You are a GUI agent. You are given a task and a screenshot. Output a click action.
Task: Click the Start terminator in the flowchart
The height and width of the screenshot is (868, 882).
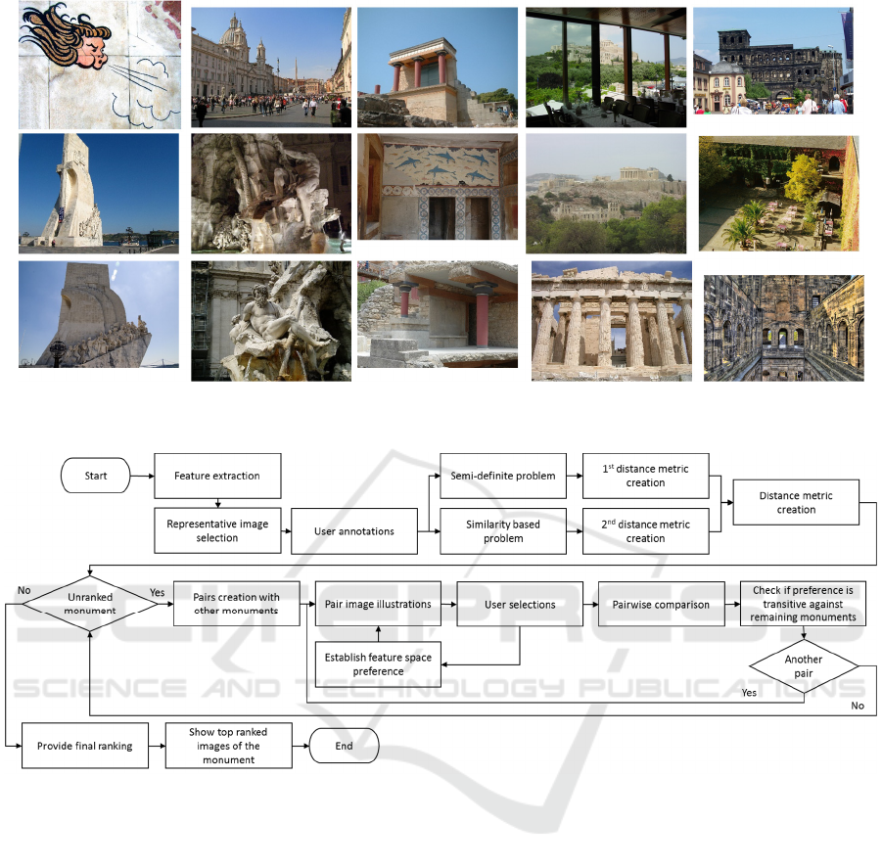click(x=95, y=477)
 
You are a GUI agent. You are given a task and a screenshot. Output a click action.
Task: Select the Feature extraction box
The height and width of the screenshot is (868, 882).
click(x=217, y=476)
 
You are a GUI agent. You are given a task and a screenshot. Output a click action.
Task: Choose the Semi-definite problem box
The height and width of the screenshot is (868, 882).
click(x=503, y=476)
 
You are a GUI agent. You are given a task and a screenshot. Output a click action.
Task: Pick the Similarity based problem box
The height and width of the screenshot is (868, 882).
click(x=503, y=531)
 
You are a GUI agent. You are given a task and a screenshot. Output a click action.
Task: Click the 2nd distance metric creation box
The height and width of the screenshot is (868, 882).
click(x=645, y=531)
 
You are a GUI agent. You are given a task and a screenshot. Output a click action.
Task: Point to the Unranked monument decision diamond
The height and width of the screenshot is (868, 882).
click(x=89, y=604)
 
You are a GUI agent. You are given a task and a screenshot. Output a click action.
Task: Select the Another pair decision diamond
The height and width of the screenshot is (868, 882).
click(x=804, y=666)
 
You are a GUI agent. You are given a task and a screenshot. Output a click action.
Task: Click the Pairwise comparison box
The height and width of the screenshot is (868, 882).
click(x=661, y=605)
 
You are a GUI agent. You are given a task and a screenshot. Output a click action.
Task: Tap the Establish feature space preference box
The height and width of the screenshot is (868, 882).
click(x=378, y=664)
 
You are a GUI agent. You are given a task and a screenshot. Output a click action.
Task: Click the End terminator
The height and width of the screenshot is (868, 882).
click(x=344, y=746)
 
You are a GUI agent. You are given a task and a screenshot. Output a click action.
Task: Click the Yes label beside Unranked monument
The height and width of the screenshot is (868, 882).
click(x=157, y=591)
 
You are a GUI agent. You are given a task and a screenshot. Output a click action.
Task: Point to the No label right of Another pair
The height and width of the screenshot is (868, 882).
click(x=859, y=705)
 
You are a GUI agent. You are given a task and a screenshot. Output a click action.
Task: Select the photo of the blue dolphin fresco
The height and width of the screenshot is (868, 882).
click(x=437, y=187)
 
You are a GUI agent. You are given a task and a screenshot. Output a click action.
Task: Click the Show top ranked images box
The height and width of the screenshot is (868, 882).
click(x=228, y=746)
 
